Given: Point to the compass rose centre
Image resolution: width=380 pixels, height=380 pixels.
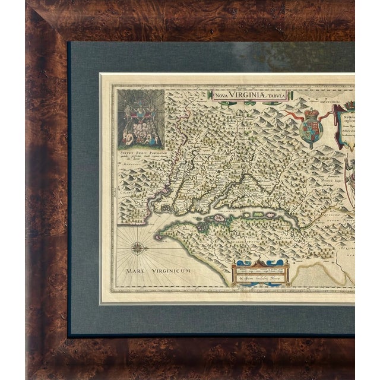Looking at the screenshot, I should click(137, 245).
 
